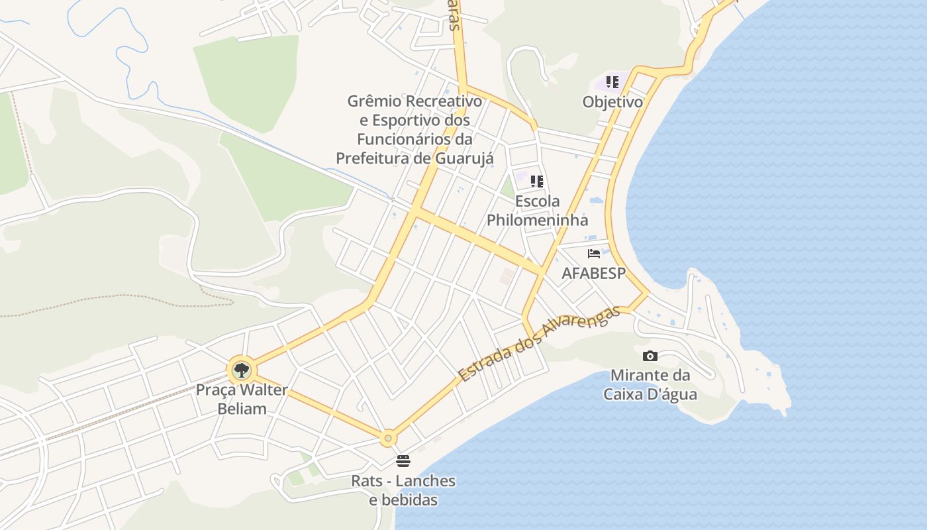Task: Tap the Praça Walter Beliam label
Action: click(242, 399)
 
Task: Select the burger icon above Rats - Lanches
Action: click(403, 460)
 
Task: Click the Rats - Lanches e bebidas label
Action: click(403, 490)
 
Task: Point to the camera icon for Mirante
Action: click(650, 356)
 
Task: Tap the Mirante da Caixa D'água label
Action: click(650, 384)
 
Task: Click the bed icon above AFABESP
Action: click(593, 254)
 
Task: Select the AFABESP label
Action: click(593, 273)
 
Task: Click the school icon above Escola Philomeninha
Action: click(537, 181)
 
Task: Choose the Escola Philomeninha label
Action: click(537, 210)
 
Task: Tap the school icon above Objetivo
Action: click(612, 82)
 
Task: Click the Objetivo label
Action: click(612, 102)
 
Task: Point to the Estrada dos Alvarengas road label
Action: click(539, 343)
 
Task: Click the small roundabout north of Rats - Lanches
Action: click(388, 438)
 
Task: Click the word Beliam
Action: click(242, 409)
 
